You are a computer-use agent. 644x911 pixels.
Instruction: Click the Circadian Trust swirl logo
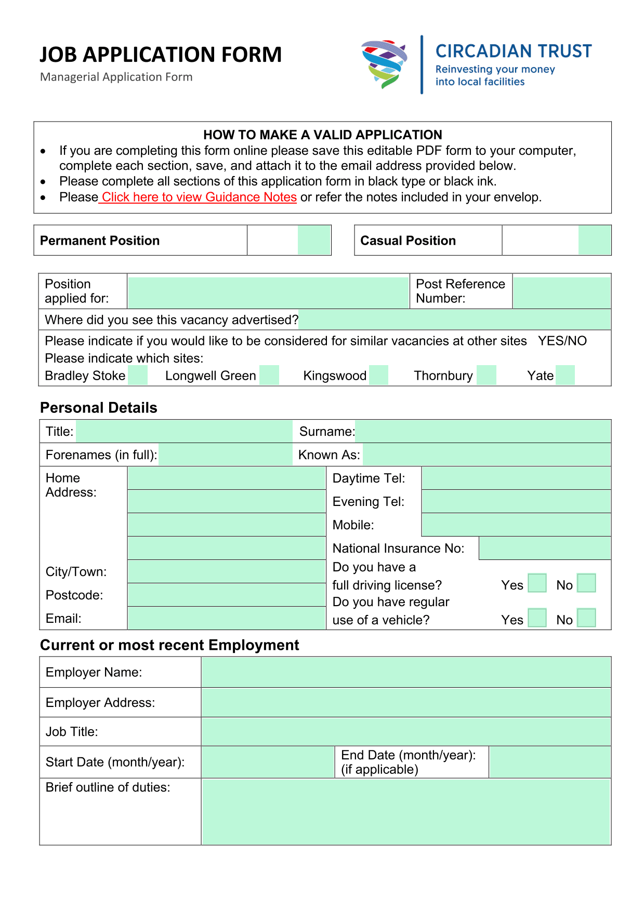pos(384,64)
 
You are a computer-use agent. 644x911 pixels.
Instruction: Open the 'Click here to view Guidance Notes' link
pos(199,197)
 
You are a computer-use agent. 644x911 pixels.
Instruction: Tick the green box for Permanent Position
pos(314,240)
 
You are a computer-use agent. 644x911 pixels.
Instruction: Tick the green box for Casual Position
pos(594,240)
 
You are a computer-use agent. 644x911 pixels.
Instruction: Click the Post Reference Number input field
pos(561,292)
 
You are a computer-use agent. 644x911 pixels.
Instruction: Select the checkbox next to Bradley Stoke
pos(138,375)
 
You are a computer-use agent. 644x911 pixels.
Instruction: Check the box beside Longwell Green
pos(269,375)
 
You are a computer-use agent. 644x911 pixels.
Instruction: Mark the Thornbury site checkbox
pos(487,375)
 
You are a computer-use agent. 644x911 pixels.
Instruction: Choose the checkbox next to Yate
pos(565,375)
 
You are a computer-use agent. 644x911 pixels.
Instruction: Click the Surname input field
pos(482,432)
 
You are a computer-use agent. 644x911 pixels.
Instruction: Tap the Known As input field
pos(486,455)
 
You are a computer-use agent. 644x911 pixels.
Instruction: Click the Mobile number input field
pos(516,525)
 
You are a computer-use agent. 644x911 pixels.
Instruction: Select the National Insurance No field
pos(544,548)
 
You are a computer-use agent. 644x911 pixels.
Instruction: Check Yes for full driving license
pos(537,583)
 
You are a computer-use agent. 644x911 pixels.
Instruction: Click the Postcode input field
pos(226,595)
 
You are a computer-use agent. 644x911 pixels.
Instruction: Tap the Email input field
pos(226,618)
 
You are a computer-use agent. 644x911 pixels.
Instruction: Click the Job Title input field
pos(405,731)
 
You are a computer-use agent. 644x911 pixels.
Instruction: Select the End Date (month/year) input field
pos(549,762)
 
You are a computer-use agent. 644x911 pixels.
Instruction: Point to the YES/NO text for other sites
pos(562,341)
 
